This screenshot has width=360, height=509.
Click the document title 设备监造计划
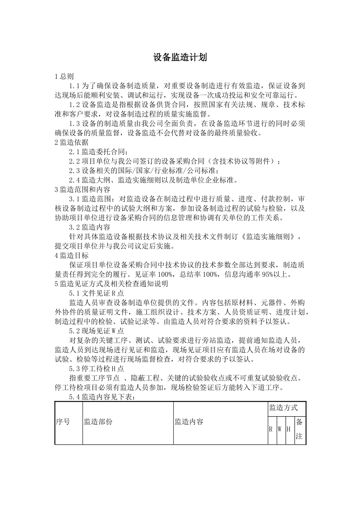point(180,58)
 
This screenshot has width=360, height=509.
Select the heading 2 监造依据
point(72,142)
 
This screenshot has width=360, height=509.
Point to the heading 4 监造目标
point(72,255)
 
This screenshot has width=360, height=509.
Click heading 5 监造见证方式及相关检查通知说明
point(111,283)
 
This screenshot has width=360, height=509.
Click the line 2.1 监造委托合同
point(99,152)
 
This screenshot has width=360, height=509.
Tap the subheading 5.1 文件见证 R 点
point(96,293)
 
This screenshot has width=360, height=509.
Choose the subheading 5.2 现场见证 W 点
point(96,331)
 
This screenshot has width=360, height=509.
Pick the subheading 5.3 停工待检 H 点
point(96,368)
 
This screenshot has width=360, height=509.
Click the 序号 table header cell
point(63,422)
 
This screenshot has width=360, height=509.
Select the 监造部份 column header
point(98,422)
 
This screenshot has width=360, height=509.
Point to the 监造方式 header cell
point(283,408)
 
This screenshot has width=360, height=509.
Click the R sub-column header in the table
point(271,429)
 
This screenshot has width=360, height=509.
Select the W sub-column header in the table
point(279,429)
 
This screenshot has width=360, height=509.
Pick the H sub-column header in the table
point(288,429)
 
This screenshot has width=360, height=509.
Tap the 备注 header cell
point(299,429)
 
